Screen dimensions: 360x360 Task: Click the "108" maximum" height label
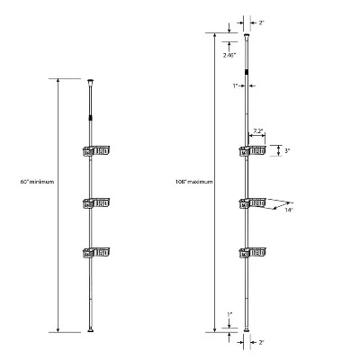[194, 182]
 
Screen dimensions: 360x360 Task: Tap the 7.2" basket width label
[257, 131]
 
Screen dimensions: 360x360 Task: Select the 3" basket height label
[286, 151]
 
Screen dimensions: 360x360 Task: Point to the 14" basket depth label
[289, 211]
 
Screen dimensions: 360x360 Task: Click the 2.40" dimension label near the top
[229, 55]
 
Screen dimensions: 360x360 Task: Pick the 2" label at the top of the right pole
[261, 22]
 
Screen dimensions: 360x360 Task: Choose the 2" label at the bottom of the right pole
[261, 342]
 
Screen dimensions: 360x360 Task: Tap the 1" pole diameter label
[236, 86]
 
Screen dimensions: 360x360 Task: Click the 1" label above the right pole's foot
[229, 315]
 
